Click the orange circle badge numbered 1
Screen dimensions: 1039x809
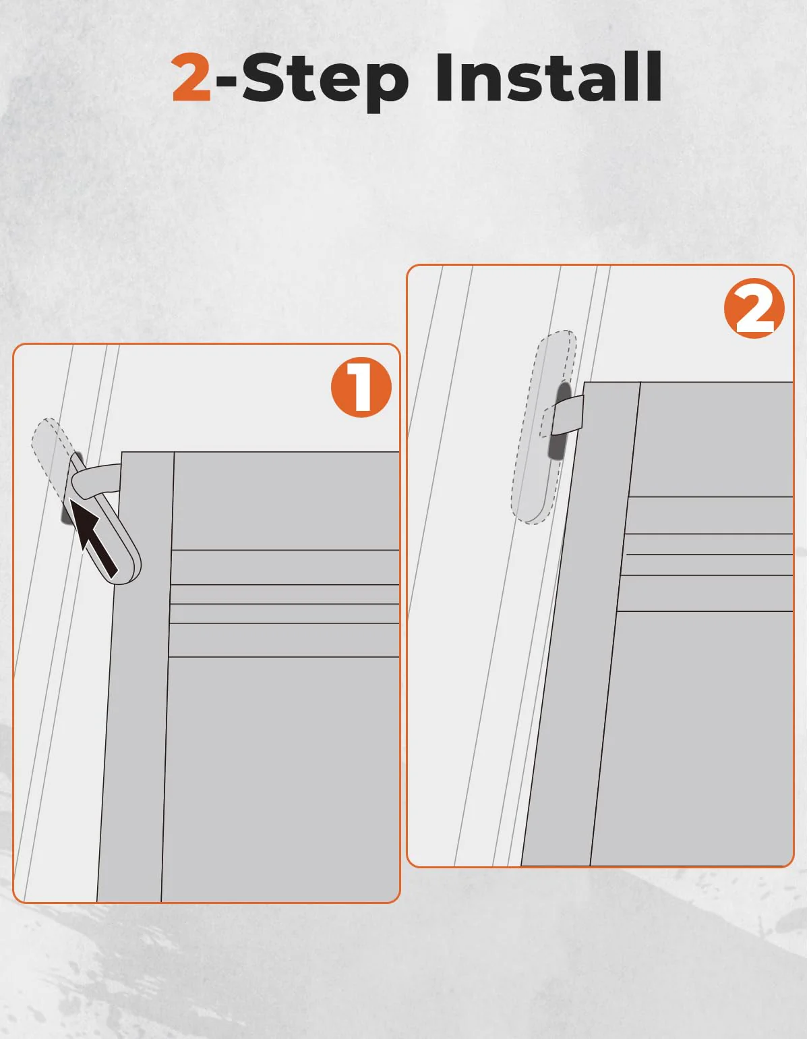pos(361,387)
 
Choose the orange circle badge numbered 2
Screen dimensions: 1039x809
pos(754,308)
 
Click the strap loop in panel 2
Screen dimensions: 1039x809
pos(565,415)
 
